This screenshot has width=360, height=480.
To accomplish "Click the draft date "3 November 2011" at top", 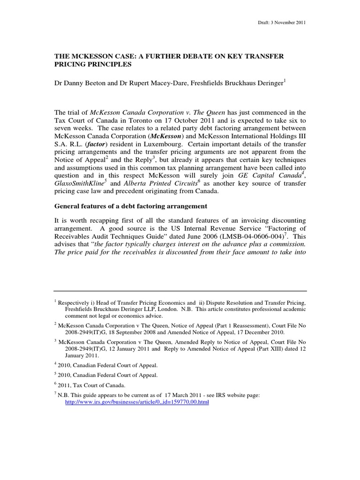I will [x=290, y=23].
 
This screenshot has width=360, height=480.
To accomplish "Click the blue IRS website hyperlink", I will [x=136, y=402].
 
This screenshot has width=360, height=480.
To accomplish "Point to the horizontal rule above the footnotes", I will [x=180, y=291].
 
